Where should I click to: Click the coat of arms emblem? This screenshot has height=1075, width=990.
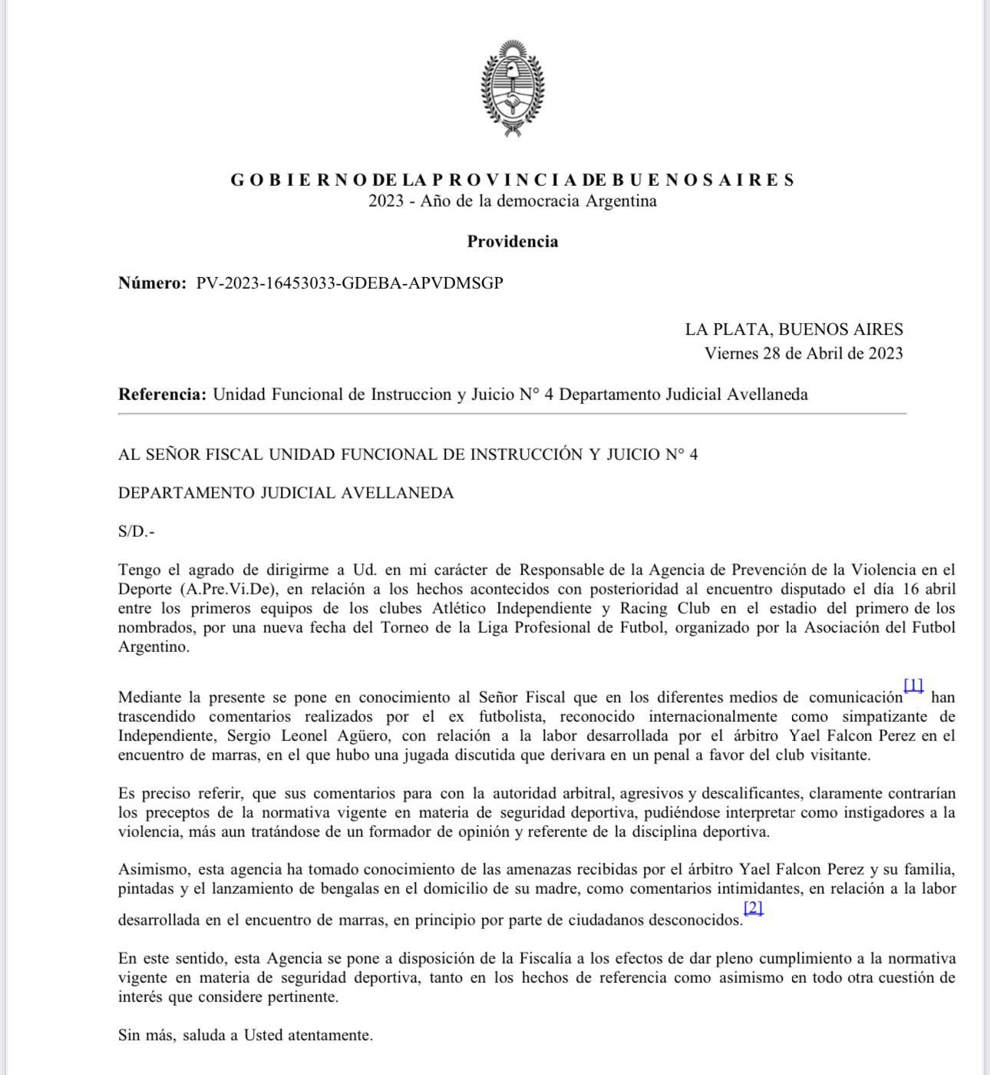pos(512,89)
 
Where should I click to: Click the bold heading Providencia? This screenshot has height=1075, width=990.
pos(512,242)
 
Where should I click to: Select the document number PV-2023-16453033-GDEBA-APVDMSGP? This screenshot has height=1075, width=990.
pos(350,283)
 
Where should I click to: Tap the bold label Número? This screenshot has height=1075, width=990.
pos(152,283)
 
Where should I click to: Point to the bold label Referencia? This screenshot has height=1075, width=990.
pos(162,395)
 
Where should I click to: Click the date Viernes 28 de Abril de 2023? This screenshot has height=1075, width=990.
pos(804,353)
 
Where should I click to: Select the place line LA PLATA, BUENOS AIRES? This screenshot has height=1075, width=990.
pos(794,329)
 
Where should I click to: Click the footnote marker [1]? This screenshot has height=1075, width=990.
pos(913,685)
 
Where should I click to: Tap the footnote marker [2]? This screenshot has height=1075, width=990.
pos(754,908)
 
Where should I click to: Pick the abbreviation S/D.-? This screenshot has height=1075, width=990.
pos(137,531)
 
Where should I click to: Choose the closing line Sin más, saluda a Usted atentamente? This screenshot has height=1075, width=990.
pos(246,1035)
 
